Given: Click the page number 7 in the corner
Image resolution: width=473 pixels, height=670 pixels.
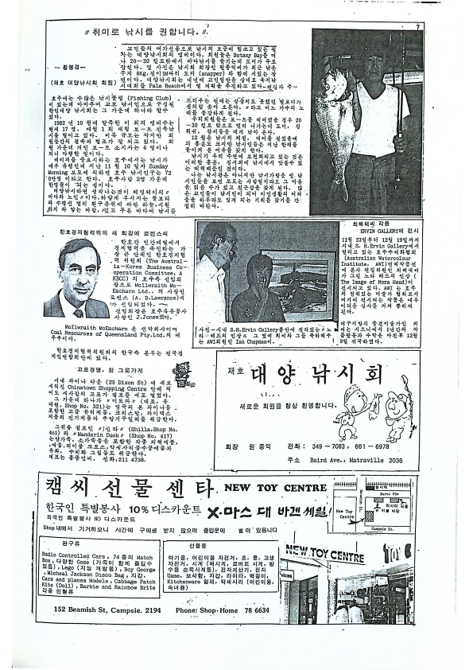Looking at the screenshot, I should pyautogui.click(x=416, y=29).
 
